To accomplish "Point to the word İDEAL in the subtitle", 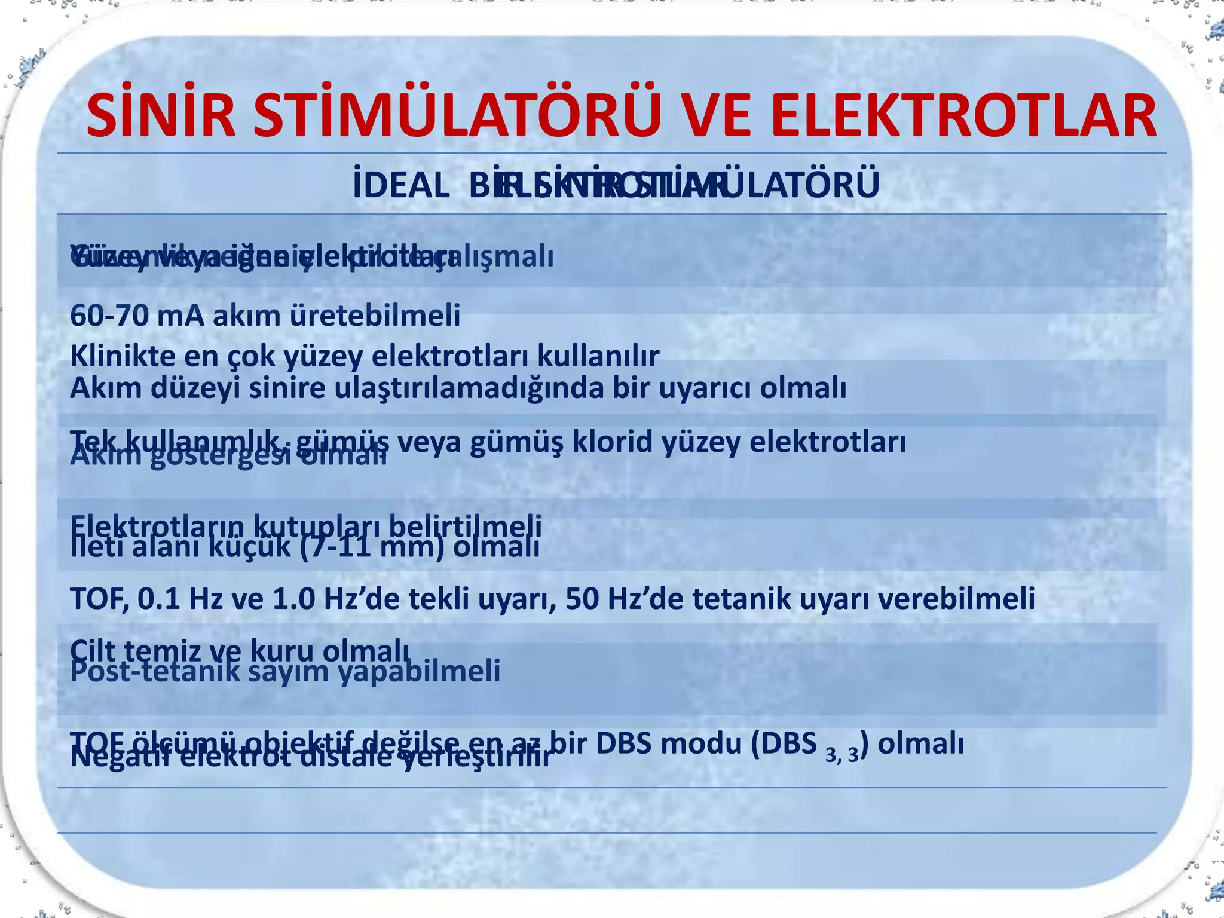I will coord(401,185).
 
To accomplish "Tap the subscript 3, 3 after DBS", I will coord(841,755).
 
